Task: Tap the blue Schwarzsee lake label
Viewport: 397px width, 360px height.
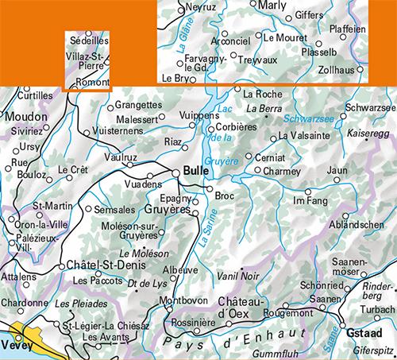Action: [x=308, y=119]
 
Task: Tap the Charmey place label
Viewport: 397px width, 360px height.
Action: [x=281, y=171]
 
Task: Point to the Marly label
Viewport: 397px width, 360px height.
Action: [x=272, y=6]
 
